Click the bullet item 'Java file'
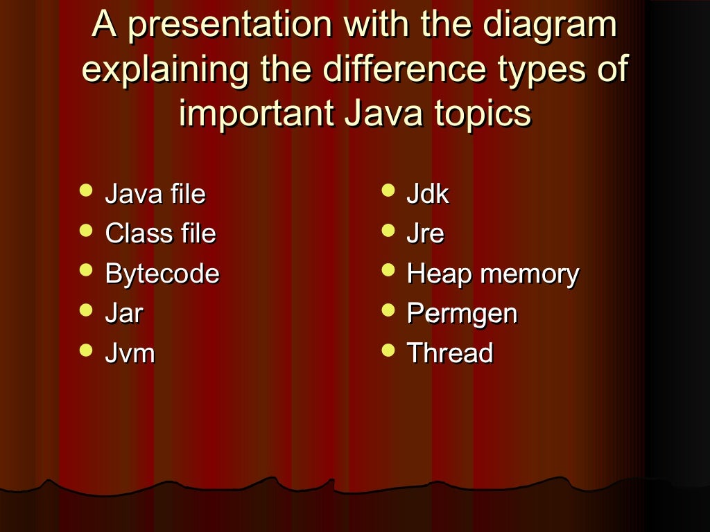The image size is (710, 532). tap(155, 194)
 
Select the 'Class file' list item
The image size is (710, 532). tap(160, 234)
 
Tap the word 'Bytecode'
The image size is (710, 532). tap(162, 274)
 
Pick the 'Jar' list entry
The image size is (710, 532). tap(123, 314)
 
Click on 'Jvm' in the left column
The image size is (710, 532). tap(130, 353)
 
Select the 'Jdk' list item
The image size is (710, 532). tap(427, 194)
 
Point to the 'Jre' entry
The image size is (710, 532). tap(424, 234)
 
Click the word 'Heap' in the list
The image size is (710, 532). tap(438, 275)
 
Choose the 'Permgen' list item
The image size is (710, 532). tap(462, 314)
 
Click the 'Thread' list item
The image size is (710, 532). tap(449, 353)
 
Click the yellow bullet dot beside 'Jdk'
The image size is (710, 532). tap(389, 190)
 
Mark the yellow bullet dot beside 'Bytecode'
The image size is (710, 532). tap(86, 269)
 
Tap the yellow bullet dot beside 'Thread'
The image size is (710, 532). tap(389, 349)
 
